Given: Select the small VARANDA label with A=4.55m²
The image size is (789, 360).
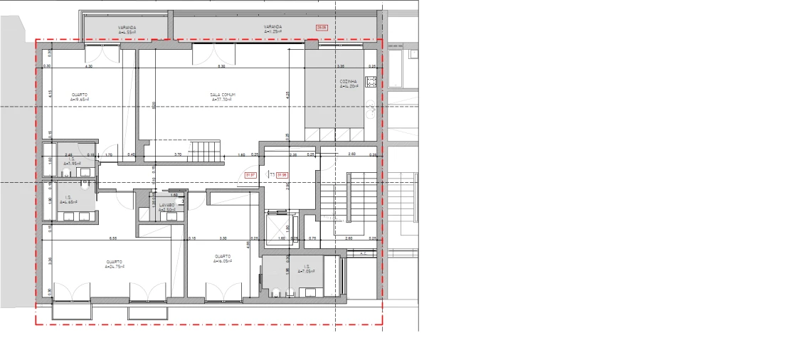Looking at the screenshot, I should (x=127, y=29).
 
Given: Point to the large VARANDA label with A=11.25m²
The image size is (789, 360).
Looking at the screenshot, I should (x=272, y=29).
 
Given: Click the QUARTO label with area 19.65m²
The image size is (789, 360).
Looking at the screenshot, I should (x=80, y=97).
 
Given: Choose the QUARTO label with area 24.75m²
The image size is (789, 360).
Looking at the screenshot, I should (x=114, y=264).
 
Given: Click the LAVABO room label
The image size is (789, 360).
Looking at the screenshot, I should (x=166, y=207).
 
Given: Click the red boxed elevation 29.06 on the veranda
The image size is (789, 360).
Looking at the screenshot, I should (x=322, y=28).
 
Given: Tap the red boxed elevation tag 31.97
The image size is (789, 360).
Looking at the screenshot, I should (x=250, y=174).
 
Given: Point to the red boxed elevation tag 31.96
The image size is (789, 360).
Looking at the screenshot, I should (x=282, y=174).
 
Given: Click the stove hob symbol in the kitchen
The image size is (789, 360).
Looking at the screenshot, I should (x=371, y=80).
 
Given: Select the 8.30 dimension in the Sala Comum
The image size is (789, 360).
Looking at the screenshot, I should (x=221, y=66).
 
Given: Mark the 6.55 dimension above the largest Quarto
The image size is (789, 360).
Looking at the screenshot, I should (x=113, y=238).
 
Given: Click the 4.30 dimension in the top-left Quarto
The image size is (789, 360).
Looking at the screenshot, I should (x=89, y=66).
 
